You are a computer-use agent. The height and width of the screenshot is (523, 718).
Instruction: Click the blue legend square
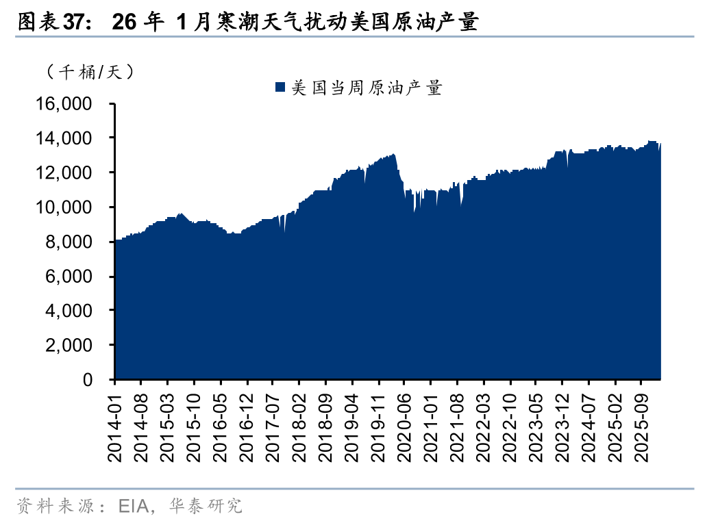[280, 87]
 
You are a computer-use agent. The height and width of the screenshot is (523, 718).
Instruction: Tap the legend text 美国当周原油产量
[367, 87]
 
